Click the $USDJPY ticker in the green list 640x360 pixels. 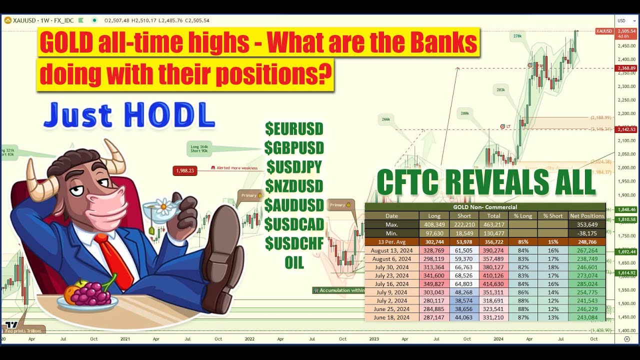(294, 166)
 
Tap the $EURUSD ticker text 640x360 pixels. (294, 129)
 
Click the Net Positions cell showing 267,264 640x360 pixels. (587, 250)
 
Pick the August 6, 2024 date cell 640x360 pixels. (391, 259)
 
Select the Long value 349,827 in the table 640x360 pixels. (433, 284)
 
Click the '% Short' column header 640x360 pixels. (552, 216)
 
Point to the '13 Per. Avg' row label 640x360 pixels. (391, 242)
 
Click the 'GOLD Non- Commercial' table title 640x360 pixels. (484, 207)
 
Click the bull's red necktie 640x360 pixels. (114, 260)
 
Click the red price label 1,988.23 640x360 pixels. (184, 171)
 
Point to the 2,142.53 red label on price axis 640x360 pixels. (626, 129)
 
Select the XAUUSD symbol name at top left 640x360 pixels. (24, 20)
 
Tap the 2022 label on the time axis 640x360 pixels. (249, 338)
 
